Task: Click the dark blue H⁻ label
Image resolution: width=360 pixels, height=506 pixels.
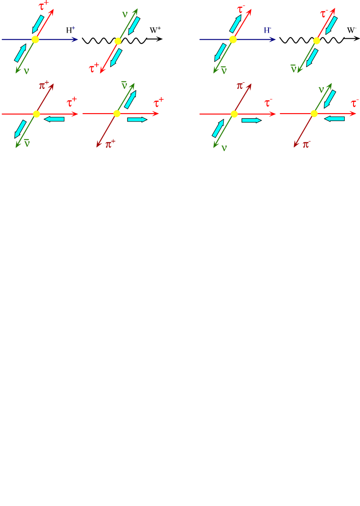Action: coord(267,30)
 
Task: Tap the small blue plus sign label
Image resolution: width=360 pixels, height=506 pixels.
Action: coord(74,28)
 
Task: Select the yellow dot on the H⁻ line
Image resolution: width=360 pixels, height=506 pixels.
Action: coord(233,40)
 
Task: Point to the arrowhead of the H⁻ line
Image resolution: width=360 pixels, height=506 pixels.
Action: coord(273,40)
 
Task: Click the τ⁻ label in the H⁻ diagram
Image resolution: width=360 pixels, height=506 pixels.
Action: coord(241,8)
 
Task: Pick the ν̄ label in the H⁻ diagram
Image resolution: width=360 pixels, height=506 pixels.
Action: coord(224,70)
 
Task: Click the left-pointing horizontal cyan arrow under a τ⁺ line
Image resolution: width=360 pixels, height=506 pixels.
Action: coord(54,119)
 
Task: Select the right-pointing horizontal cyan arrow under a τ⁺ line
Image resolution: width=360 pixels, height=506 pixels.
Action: coord(137,119)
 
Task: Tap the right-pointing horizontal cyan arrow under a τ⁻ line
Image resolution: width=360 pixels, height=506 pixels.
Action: coord(251,120)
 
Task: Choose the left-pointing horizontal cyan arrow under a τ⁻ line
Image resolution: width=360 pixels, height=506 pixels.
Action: coord(334,118)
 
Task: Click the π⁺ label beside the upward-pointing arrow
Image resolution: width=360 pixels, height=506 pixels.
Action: coord(44,85)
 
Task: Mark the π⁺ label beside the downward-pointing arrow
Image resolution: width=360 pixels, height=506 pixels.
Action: coord(110,143)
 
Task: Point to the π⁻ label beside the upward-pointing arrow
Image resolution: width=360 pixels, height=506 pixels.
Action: coord(240,85)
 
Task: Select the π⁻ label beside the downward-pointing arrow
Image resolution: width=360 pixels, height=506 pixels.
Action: coord(306,144)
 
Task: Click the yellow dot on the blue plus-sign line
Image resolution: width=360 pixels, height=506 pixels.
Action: coord(35,40)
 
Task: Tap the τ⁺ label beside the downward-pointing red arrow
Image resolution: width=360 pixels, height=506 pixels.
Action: coord(94,68)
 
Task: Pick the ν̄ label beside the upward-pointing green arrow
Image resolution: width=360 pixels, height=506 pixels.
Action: coord(124,85)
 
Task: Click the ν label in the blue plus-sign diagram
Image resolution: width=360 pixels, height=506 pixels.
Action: coord(26,71)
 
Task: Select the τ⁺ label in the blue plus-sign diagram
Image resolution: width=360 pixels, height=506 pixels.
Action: coord(43,6)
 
